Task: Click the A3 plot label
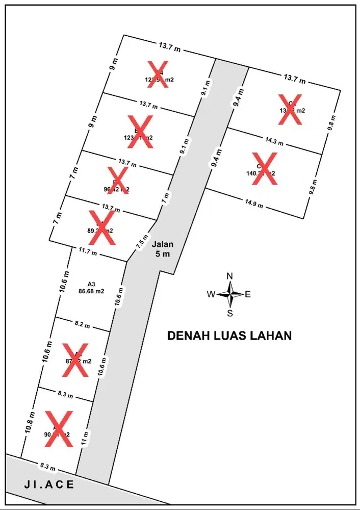pyautogui.click(x=92, y=284)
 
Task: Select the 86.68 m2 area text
pyautogui.click(x=92, y=292)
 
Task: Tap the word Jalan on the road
pyautogui.click(x=163, y=244)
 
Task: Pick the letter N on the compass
pyautogui.click(x=230, y=276)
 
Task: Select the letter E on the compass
pyautogui.click(x=248, y=294)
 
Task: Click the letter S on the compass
pyautogui.click(x=230, y=313)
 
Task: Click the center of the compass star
pyautogui.click(x=230, y=294)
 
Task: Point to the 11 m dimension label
pyautogui.click(x=85, y=436)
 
